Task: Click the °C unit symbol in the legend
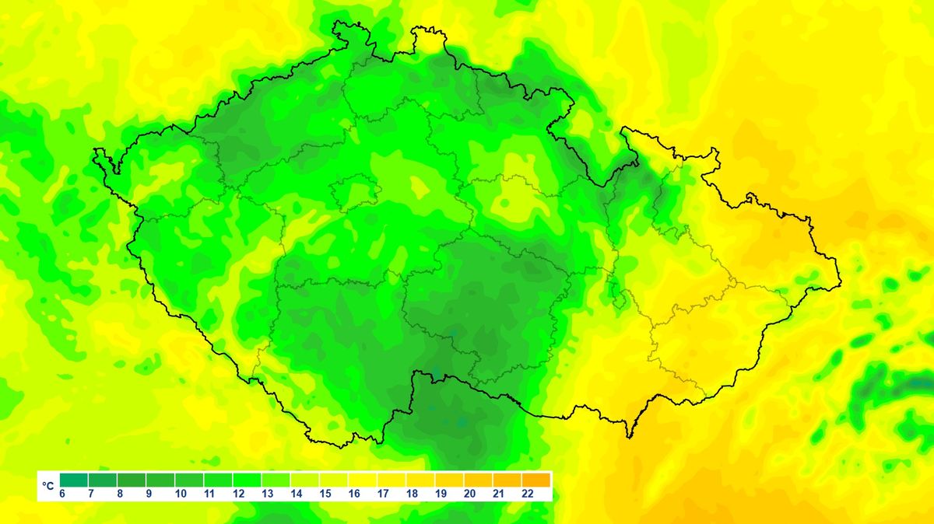48,486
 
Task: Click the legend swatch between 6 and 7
74,480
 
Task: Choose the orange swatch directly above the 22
536,480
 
